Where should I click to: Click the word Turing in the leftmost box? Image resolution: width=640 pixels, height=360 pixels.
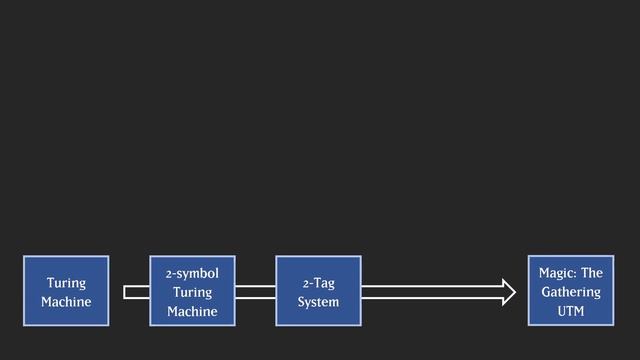(66, 283)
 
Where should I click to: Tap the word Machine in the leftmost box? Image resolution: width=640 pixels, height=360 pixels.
(66, 301)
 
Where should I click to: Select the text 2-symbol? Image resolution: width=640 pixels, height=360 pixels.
(192, 273)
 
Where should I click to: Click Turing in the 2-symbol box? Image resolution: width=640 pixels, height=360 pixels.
(192, 292)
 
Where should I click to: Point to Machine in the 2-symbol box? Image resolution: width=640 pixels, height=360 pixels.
(192, 311)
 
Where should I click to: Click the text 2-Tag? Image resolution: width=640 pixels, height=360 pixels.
(318, 283)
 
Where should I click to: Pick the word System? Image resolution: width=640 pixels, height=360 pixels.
(318, 301)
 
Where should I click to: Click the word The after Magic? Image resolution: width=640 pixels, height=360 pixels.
(591, 273)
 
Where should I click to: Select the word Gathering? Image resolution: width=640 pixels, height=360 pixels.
(570, 292)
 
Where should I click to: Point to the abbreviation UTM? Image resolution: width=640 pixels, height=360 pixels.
(570, 311)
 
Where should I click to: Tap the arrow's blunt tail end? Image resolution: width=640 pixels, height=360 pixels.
(127, 292)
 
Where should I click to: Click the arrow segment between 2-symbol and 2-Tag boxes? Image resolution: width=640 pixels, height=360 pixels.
(255, 292)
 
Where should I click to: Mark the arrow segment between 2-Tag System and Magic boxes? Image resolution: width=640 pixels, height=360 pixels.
(430, 292)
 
